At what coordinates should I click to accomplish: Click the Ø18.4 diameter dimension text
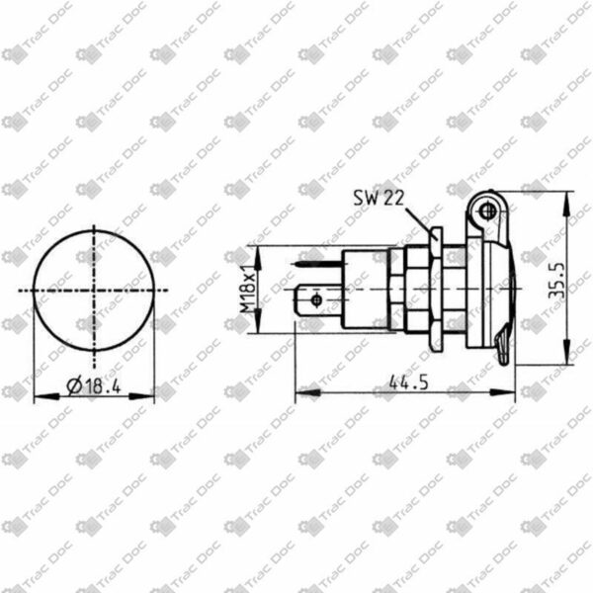94,385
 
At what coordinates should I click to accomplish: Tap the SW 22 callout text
379,198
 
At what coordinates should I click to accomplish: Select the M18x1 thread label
248,289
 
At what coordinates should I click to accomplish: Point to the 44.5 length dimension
409,383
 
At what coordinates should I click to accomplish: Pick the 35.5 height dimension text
556,280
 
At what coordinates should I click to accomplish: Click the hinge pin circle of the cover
487,212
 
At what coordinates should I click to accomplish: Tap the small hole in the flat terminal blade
316,300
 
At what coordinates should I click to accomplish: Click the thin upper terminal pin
317,264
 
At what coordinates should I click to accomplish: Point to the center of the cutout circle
94,291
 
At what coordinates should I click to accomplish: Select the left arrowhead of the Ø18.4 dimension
46,396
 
